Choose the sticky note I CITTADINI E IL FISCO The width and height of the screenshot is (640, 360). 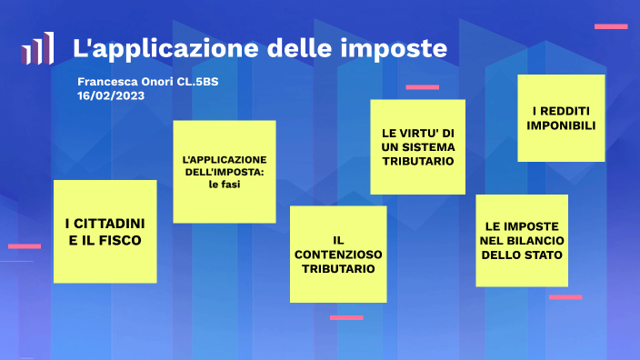pyautogui.click(x=105, y=232)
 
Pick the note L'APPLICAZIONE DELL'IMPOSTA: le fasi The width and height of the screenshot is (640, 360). pyautogui.click(x=225, y=171)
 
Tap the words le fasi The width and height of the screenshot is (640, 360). pyautogui.click(x=225, y=185)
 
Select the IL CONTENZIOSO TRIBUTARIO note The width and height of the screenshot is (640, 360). pyautogui.click(x=338, y=254)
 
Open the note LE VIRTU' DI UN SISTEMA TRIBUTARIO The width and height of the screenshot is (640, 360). pyautogui.click(x=418, y=146)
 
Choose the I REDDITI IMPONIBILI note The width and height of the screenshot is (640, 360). pyautogui.click(x=561, y=118)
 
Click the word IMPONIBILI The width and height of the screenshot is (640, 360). pyautogui.click(x=561, y=126)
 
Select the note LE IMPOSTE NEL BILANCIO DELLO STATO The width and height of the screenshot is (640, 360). pyautogui.click(x=522, y=240)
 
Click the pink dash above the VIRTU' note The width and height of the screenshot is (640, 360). pyautogui.click(x=422, y=87)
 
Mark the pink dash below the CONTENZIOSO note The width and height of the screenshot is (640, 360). pyautogui.click(x=346, y=317)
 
